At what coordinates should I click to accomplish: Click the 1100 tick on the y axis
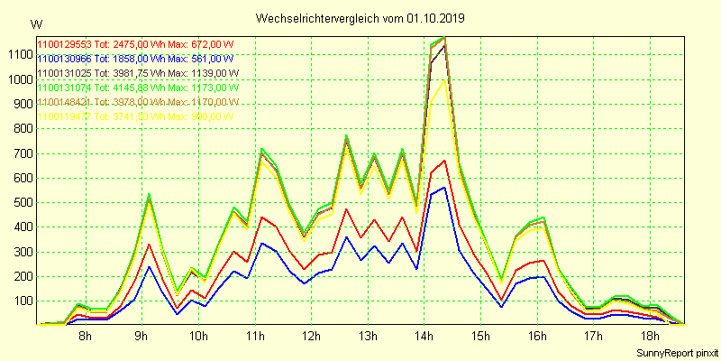[x=18, y=54]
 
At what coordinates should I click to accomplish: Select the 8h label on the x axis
[x=85, y=336]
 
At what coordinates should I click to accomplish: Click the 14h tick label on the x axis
[x=423, y=336]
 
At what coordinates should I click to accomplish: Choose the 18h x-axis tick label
[x=649, y=336]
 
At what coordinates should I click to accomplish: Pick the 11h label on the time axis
[x=253, y=336]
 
